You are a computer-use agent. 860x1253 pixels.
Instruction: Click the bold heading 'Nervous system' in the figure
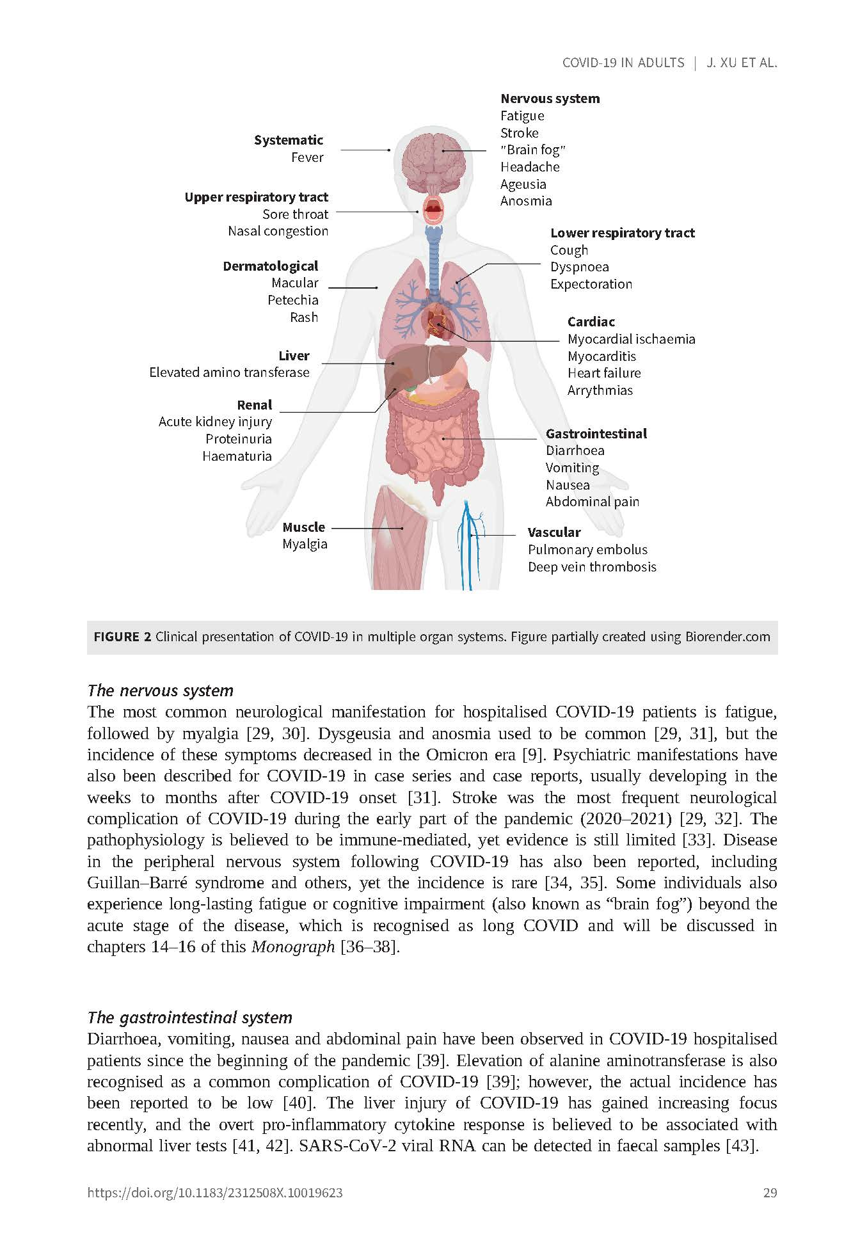click(x=550, y=99)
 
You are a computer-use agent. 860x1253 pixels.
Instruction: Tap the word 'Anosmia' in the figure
click(x=526, y=201)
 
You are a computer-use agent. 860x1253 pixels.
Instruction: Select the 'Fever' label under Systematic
click(x=307, y=157)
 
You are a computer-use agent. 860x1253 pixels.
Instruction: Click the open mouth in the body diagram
click(x=434, y=208)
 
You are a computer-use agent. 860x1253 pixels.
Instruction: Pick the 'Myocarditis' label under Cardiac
click(x=601, y=356)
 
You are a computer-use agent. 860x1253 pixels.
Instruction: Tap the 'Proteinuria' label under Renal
click(x=238, y=439)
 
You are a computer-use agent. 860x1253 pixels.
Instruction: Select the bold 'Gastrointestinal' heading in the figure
click(x=596, y=433)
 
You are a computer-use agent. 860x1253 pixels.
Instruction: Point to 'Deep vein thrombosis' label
click(x=592, y=567)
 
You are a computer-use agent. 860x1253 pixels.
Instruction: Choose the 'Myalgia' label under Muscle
click(x=305, y=544)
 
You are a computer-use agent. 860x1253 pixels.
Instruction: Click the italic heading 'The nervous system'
click(x=160, y=690)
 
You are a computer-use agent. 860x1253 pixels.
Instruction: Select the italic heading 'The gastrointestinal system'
click(x=189, y=1018)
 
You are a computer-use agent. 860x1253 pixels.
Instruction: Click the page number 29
click(x=770, y=1193)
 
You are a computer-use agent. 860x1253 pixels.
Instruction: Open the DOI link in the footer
click(x=214, y=1193)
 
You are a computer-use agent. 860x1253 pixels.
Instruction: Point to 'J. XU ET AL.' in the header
click(x=741, y=63)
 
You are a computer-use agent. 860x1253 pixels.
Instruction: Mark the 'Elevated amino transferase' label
click(x=229, y=372)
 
